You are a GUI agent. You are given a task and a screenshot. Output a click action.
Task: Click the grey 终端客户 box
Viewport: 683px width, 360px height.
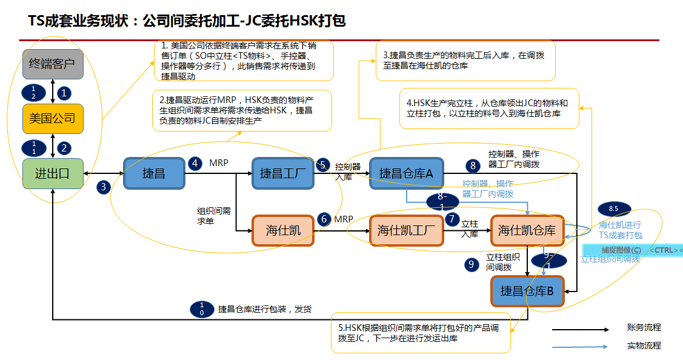[x=53, y=64]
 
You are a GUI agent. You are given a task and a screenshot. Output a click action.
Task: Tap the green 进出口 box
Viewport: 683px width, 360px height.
[x=53, y=173]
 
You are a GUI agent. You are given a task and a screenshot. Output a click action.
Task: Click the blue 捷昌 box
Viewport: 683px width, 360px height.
[x=154, y=173]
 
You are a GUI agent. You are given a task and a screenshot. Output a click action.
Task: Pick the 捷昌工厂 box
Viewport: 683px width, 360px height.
[x=283, y=173]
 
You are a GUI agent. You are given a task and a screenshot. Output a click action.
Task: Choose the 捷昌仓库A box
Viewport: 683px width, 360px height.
[x=407, y=173]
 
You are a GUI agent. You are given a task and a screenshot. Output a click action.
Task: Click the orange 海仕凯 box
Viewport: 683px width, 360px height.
[x=283, y=230]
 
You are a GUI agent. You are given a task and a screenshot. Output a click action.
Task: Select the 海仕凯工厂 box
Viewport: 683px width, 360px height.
[x=407, y=230]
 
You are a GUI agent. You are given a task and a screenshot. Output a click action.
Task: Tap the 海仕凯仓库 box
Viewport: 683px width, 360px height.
[x=527, y=230]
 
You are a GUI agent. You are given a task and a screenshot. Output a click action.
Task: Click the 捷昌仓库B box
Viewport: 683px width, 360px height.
[x=527, y=291]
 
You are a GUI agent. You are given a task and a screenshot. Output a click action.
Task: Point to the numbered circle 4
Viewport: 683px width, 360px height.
[x=195, y=164]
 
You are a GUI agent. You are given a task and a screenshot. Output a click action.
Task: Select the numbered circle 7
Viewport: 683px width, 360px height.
[x=451, y=219]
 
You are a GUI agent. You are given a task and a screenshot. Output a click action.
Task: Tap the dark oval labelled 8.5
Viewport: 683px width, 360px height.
[x=613, y=209]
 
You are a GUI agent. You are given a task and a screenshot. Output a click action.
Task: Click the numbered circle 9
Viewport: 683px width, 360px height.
[x=470, y=264]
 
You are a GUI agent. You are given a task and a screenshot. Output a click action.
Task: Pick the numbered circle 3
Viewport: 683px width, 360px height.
[x=104, y=187]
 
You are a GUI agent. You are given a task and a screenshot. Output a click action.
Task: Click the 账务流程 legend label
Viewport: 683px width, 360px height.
[x=644, y=328]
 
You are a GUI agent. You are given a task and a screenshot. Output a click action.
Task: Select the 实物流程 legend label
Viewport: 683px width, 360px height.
[x=644, y=346]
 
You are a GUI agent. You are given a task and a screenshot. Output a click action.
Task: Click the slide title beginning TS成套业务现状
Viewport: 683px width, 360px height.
[x=187, y=21]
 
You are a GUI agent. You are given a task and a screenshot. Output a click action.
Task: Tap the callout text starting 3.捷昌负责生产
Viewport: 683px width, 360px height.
[x=464, y=60]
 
